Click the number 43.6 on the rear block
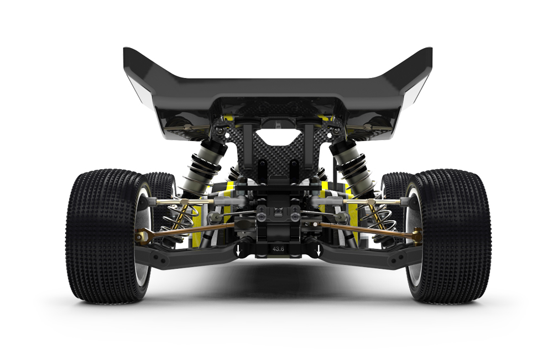pos(278,249)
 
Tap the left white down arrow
pos(238,251)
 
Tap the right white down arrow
pos(319,251)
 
